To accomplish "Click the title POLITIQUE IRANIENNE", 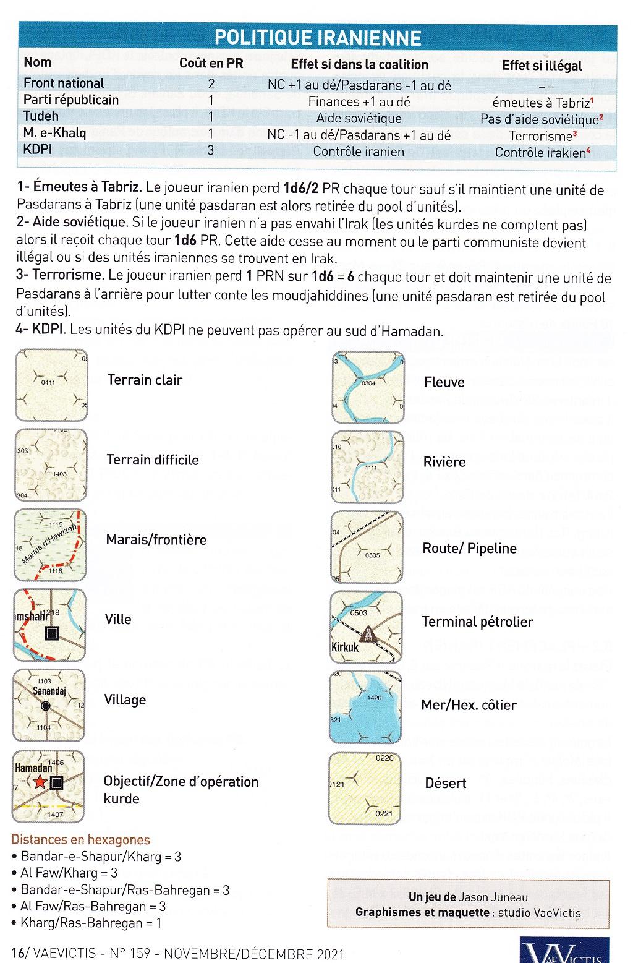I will [317, 38].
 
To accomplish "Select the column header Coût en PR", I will [211, 63].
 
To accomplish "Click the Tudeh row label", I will [41, 116].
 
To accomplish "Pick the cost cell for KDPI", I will [211, 150].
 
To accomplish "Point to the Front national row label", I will [64, 83].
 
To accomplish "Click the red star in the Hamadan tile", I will [41, 782].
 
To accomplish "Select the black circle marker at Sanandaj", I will [45, 706].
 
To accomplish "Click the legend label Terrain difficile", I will [153, 460].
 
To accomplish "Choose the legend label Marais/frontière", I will [156, 539].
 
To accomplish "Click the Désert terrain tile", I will [366, 787].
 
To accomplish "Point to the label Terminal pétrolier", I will [477, 622].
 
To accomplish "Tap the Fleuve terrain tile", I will [368, 387].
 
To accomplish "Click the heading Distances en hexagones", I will [80, 839].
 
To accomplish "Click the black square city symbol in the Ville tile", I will [52, 633].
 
